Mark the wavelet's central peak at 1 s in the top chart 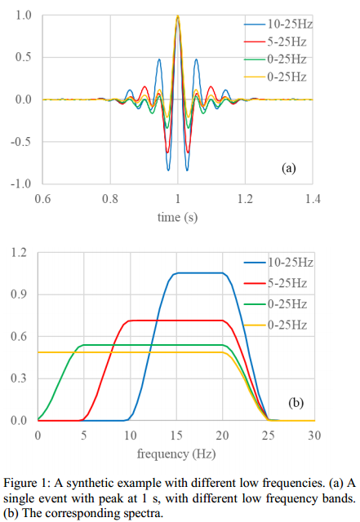coord(177,16)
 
